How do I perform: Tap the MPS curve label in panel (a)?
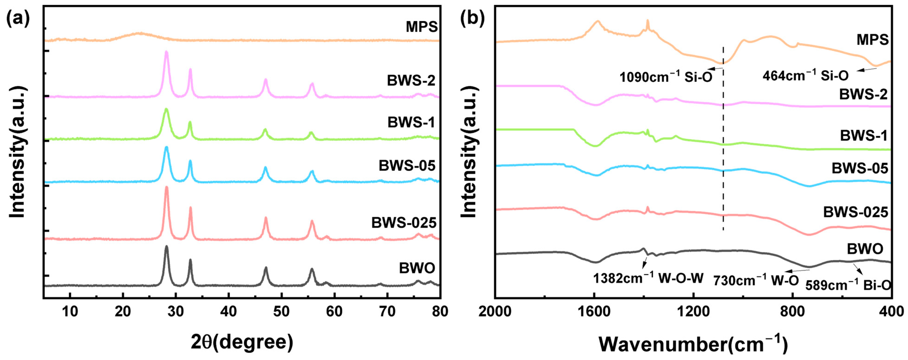click(421, 27)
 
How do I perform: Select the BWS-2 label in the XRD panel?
click(411, 81)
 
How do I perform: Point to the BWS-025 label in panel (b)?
click(855, 212)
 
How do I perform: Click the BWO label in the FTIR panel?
click(865, 249)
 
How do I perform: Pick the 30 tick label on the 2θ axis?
click(176, 311)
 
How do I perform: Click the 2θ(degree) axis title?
click(242, 342)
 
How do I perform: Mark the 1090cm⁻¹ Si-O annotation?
click(666, 76)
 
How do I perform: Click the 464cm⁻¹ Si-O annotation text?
click(805, 75)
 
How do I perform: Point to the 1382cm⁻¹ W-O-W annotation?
click(648, 278)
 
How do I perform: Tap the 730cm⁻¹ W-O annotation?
click(756, 281)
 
